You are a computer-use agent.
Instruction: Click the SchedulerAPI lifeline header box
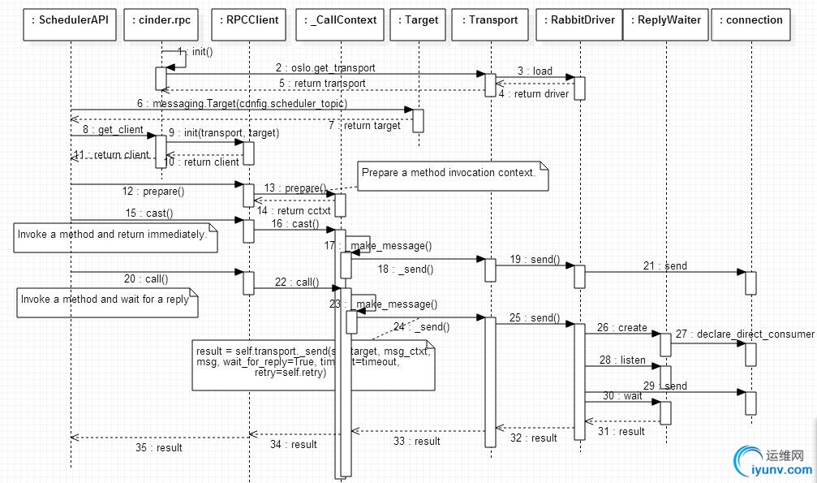71,19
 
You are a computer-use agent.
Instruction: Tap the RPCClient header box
248,19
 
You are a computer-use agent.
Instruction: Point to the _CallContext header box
340,19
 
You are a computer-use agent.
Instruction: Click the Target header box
419,19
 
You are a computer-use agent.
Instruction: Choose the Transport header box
490,19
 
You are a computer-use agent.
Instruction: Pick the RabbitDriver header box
579,19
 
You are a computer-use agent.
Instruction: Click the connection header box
750,19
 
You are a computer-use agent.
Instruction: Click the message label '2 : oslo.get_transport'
325,68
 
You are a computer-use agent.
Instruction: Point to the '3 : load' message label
535,71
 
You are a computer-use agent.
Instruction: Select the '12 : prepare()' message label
154,192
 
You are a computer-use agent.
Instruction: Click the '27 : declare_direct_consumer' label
755,334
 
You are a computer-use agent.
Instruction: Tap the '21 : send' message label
665,265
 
